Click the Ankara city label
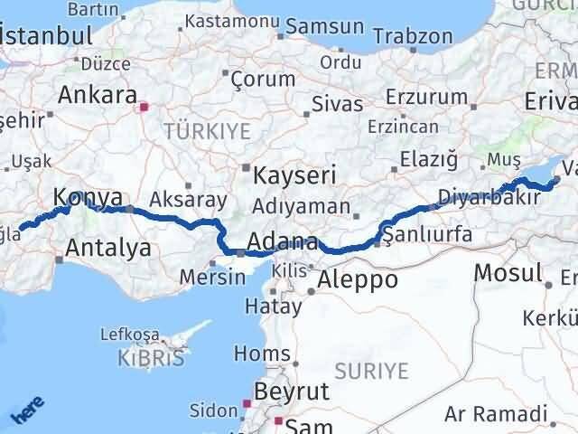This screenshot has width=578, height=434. click(x=98, y=94)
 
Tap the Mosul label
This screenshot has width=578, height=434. click(x=508, y=271)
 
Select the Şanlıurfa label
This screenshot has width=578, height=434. click(x=428, y=234)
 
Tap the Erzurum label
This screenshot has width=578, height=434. click(x=417, y=97)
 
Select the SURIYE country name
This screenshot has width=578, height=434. click(x=372, y=370)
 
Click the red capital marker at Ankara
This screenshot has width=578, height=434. click(x=143, y=107)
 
